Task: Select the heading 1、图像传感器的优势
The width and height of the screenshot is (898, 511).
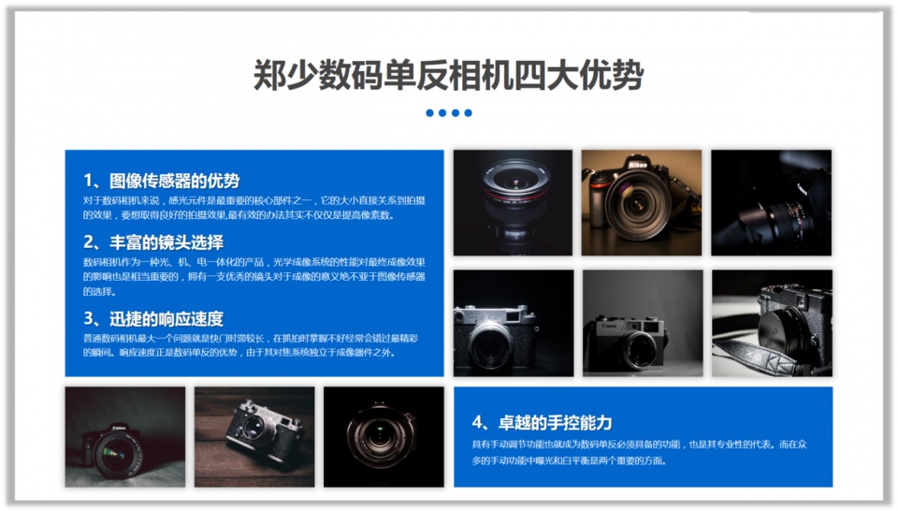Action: pos(161,181)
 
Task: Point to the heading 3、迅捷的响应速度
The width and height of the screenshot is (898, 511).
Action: pos(153,318)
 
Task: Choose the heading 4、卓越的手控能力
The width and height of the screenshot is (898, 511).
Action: pos(542,422)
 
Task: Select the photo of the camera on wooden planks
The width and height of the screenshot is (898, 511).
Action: pos(254,436)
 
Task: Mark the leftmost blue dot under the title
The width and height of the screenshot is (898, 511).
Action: pos(429,113)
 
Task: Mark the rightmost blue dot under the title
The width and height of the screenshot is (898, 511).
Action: pos(468,113)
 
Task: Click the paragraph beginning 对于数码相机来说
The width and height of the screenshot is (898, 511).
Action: pos(253,208)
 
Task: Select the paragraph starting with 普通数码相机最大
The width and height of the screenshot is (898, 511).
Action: pos(253,345)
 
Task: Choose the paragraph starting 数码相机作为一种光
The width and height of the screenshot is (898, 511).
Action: pos(253,276)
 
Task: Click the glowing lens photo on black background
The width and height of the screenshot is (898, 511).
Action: pos(383,437)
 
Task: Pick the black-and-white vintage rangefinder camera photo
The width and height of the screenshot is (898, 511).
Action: pos(513,323)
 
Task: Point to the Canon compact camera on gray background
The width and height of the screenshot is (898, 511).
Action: pos(642,323)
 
